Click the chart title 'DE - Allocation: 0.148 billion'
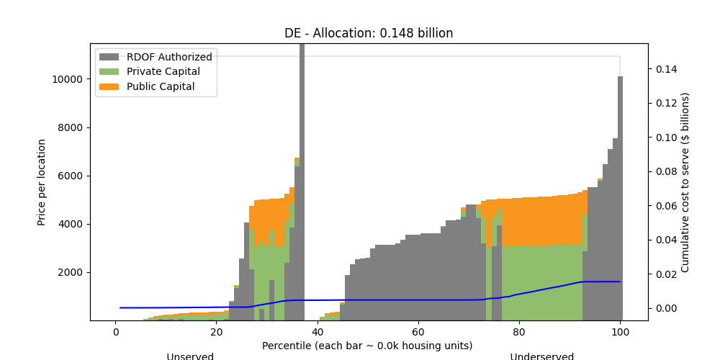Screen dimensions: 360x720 pyautogui.click(x=369, y=33)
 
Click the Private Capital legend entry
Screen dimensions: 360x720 pyautogui.click(x=163, y=72)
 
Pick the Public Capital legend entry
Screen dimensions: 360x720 pyautogui.click(x=161, y=87)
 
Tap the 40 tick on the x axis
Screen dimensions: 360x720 pyautogui.click(x=318, y=332)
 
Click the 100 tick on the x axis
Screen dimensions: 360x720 pyautogui.click(x=620, y=332)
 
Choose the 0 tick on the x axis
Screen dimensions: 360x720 pyautogui.click(x=115, y=332)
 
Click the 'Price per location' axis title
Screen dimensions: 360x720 pyautogui.click(x=42, y=182)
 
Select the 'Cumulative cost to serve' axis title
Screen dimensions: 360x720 pyautogui.click(x=685, y=182)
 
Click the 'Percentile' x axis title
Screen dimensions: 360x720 pyautogui.click(x=369, y=346)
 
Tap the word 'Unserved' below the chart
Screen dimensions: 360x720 pyautogui.click(x=190, y=356)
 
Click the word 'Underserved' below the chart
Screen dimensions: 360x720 pyautogui.click(x=542, y=356)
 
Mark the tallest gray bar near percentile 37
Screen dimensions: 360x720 pyautogui.click(x=302, y=180)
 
